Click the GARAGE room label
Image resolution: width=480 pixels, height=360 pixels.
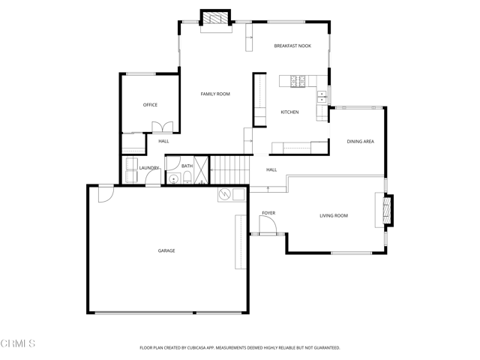coord(166,250)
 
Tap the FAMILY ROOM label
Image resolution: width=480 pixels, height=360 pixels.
coord(214,94)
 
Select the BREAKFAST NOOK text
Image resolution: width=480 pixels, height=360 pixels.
coord(292,46)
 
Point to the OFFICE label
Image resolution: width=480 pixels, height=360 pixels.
coord(150,105)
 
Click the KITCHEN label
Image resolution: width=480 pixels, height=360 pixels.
coord(289,112)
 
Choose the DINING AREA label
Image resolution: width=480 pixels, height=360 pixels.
coord(360,141)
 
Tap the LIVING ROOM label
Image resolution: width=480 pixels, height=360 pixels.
coord(334,216)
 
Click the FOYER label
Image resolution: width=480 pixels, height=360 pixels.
coord(268,213)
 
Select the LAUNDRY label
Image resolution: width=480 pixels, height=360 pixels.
coord(149,167)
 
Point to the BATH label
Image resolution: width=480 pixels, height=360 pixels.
coord(187,166)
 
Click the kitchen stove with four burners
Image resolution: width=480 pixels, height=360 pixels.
coord(292,80)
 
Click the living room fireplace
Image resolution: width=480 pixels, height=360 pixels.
coord(387,210)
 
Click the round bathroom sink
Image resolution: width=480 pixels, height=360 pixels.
coord(173,178)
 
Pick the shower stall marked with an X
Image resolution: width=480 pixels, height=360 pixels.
coord(200,174)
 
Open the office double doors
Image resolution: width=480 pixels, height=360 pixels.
coord(162,127)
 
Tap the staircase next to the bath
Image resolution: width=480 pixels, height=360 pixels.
coord(228,169)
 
